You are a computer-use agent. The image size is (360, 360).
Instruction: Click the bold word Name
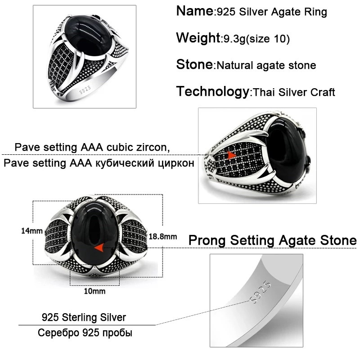pyautogui.click(x=195, y=11)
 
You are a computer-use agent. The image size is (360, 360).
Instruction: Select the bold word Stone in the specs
pyautogui.click(x=195, y=64)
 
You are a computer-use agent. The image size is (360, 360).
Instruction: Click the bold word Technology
pyautogui.click(x=213, y=91)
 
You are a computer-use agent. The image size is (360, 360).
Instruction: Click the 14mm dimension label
pyautogui.click(x=32, y=231)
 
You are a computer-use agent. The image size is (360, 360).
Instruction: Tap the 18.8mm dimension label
pyautogui.click(x=163, y=237)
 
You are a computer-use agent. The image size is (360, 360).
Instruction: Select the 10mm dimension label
pyautogui.click(x=94, y=291)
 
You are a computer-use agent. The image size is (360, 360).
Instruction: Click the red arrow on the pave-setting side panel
pyautogui.click(x=231, y=155)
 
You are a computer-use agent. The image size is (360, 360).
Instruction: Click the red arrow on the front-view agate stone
pyautogui.click(x=99, y=248)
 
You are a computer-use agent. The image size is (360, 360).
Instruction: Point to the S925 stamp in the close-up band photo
pyautogui.click(x=260, y=292)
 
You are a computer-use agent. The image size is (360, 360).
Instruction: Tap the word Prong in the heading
pyautogui.click(x=207, y=241)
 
